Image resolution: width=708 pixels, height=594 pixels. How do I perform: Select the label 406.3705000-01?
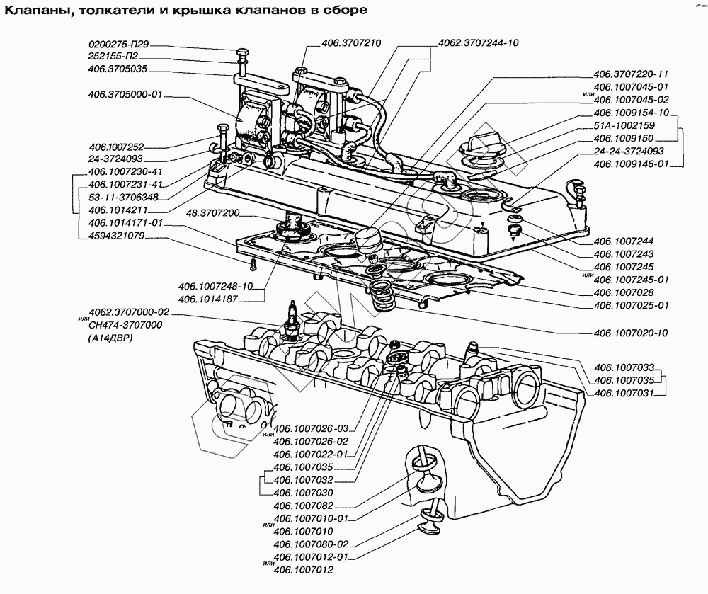point(127,95)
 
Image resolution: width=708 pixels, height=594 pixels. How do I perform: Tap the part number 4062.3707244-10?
point(479,43)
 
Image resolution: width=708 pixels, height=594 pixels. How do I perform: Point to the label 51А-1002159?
point(625,125)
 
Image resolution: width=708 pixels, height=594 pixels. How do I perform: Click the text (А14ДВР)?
point(112,338)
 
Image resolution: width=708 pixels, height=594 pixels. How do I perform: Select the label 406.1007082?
point(303,506)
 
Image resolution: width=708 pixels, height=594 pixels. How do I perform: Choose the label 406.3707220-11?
point(631,74)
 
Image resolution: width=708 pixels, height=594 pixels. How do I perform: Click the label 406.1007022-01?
point(311,454)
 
